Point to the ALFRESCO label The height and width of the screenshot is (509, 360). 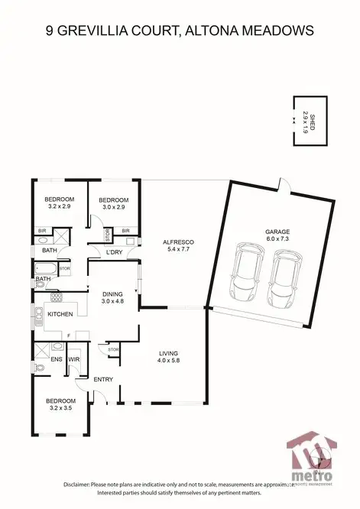coord(179,242)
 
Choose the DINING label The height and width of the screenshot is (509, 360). coord(113,293)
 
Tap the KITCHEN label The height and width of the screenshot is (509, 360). coord(60,314)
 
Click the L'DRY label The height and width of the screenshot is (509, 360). coord(115,252)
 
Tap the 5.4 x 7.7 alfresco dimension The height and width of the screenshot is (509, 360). coord(179,250)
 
